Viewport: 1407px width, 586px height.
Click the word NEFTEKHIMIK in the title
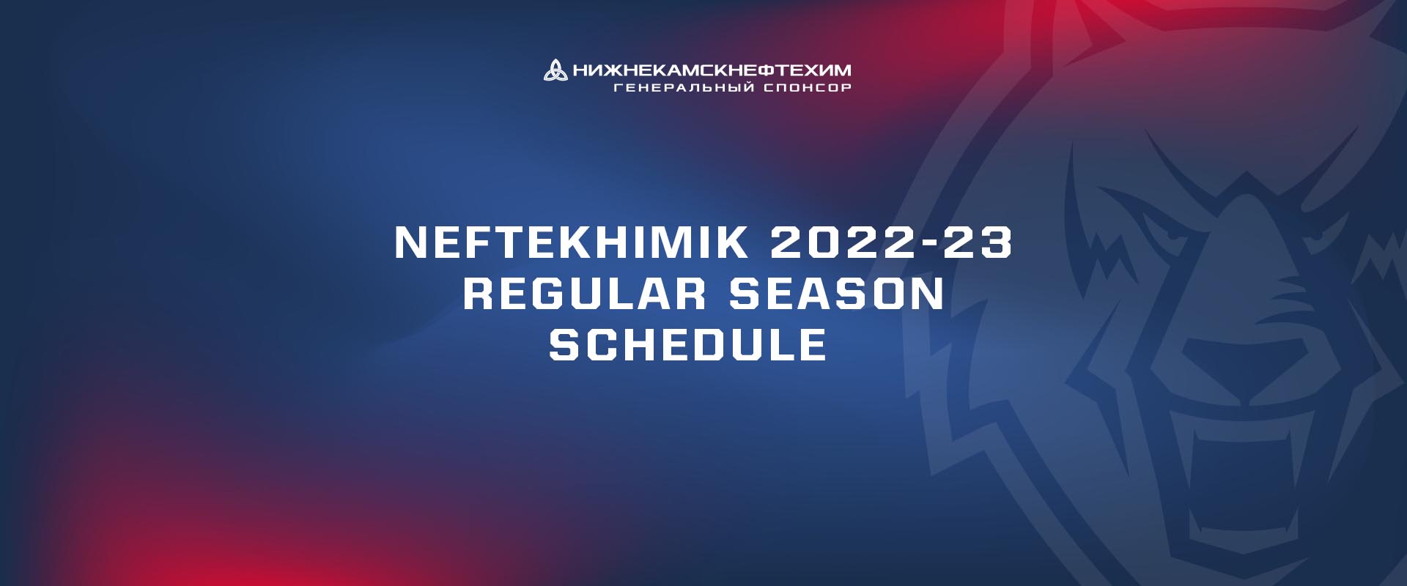[x=571, y=242]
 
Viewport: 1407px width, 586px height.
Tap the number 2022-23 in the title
[x=891, y=242]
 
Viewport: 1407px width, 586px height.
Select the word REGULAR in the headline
[x=584, y=294]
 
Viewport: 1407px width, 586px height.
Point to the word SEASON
[x=836, y=294]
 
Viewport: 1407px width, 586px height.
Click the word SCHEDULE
[x=688, y=345]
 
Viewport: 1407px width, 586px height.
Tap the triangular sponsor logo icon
[x=555, y=70]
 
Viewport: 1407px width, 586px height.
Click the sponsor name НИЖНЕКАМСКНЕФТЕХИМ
[x=712, y=70]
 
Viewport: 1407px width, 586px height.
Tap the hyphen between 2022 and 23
[x=928, y=244]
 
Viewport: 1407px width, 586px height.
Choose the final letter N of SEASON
[x=928, y=294]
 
